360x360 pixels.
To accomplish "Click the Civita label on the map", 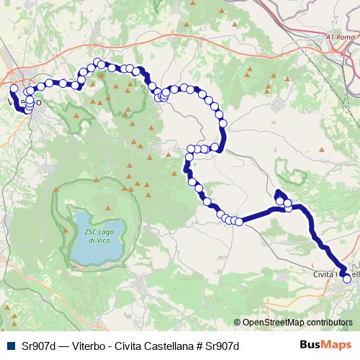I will (325, 274).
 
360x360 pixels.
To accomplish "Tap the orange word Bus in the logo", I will (311, 345).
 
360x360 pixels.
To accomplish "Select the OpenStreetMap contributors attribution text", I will (297, 323).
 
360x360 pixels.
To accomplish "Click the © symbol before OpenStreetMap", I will (237, 323).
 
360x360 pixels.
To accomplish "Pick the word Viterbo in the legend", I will (86, 345).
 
